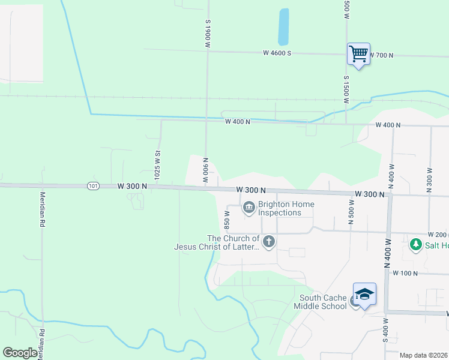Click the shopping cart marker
(358, 54)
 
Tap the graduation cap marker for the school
(364, 294)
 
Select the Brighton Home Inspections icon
(249, 208)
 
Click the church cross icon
(269, 242)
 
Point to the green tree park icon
(415, 245)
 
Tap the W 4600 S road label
(277, 53)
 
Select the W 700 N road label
(381, 55)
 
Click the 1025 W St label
(157, 166)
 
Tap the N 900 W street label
(205, 172)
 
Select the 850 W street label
(227, 220)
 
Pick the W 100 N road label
(405, 273)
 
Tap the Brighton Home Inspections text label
(280, 208)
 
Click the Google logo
(20, 353)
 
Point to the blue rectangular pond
(283, 26)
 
